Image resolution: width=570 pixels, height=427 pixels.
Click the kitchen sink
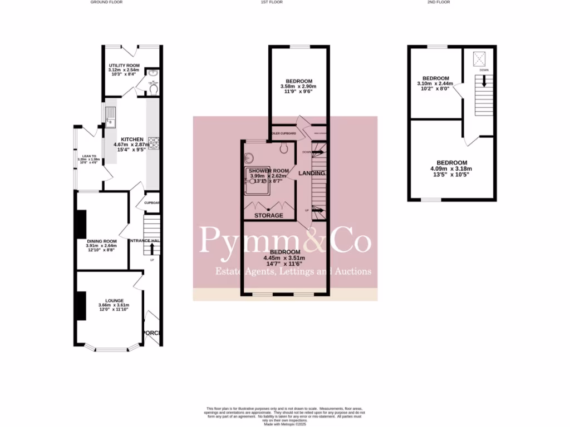(x=110, y=117)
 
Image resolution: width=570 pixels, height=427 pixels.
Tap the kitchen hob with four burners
(x=154, y=143)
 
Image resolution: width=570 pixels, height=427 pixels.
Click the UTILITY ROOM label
(x=124, y=66)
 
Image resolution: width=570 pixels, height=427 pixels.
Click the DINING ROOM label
(x=101, y=241)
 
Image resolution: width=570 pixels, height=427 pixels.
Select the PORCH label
(x=152, y=333)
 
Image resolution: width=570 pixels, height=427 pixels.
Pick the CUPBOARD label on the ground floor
(x=153, y=203)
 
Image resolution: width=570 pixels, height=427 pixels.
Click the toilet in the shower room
(x=284, y=148)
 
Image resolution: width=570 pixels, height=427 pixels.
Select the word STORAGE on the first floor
(x=269, y=215)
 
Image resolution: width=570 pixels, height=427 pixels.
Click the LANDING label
(x=312, y=173)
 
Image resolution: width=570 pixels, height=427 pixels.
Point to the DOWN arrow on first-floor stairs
(x=318, y=152)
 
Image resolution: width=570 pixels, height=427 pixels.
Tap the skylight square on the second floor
(x=479, y=58)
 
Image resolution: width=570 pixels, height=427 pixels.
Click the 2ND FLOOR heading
(x=439, y=2)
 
